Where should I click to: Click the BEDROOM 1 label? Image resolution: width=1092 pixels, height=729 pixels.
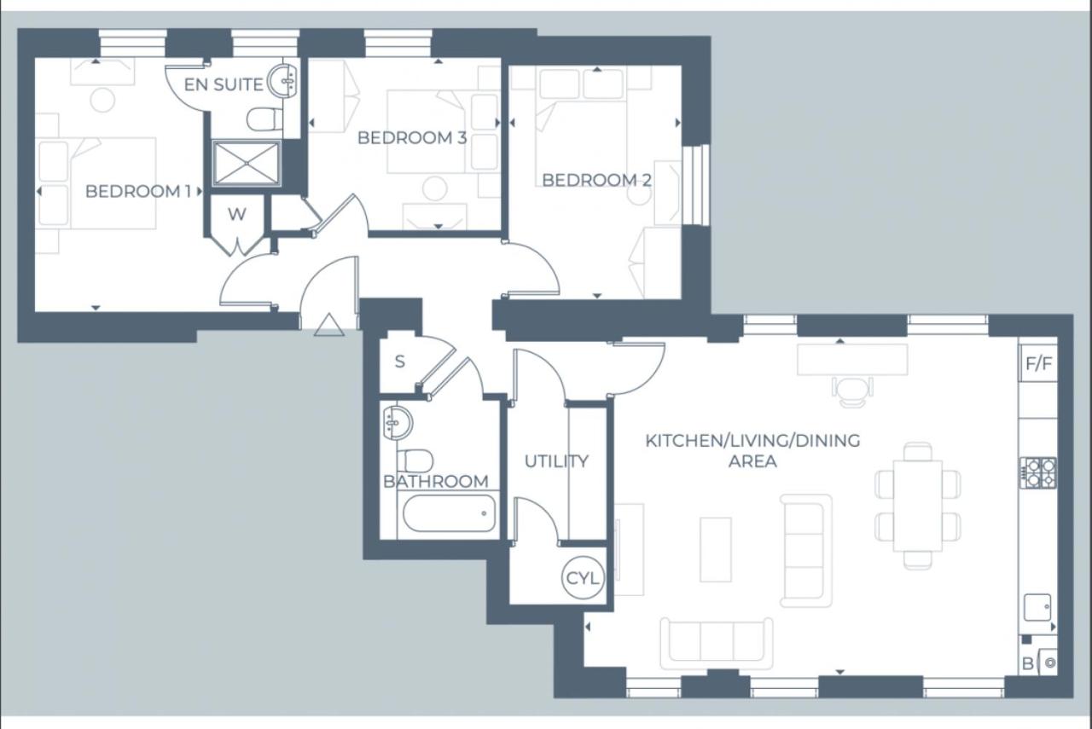pyautogui.click(x=137, y=191)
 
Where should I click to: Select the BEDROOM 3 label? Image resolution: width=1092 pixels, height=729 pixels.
pyautogui.click(x=411, y=137)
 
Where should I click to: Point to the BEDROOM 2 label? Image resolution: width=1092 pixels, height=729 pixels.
pyautogui.click(x=597, y=180)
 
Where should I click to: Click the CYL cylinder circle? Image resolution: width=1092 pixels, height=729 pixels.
pyautogui.click(x=584, y=578)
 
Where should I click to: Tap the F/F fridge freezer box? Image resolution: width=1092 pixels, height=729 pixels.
pyautogui.click(x=1038, y=365)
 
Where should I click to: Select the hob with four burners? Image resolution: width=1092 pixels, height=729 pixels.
pyautogui.click(x=1037, y=472)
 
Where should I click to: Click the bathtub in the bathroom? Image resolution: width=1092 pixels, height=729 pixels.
pyautogui.click(x=448, y=514)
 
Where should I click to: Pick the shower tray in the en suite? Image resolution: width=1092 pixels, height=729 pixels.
pyautogui.click(x=247, y=163)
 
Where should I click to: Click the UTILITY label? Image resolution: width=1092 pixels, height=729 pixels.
pyautogui.click(x=556, y=461)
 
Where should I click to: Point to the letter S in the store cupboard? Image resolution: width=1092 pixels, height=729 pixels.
pyautogui.click(x=399, y=362)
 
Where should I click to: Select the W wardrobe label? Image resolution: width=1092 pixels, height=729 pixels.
pyautogui.click(x=236, y=215)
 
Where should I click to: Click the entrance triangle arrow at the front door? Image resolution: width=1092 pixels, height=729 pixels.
pyautogui.click(x=328, y=325)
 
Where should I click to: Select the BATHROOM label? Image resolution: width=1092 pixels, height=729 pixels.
pyautogui.click(x=435, y=482)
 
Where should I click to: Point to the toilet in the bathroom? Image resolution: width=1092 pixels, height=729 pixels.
pyautogui.click(x=415, y=460)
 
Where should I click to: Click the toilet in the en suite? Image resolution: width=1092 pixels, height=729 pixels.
pyautogui.click(x=264, y=118)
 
